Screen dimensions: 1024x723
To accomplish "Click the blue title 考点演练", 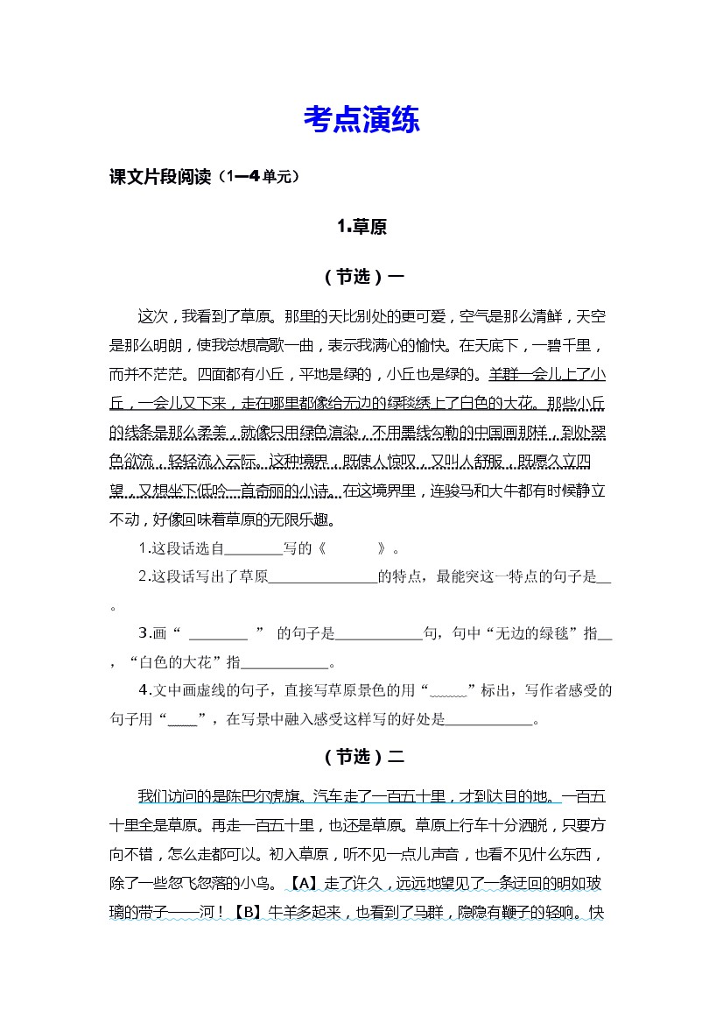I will [x=361, y=120].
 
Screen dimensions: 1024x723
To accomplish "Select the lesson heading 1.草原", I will [x=361, y=227].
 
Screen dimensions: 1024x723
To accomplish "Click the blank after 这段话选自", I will [x=254, y=550].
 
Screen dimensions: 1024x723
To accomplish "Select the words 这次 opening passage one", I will [x=151, y=315].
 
